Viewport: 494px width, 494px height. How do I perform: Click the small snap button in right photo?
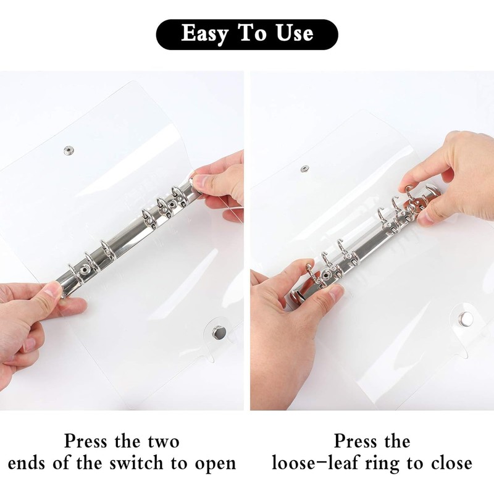[x=304, y=169]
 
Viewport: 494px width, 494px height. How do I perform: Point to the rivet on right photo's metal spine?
[x=324, y=275]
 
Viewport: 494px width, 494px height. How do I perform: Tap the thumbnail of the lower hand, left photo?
[x=54, y=290]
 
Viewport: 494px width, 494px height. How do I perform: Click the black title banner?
[x=247, y=34]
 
